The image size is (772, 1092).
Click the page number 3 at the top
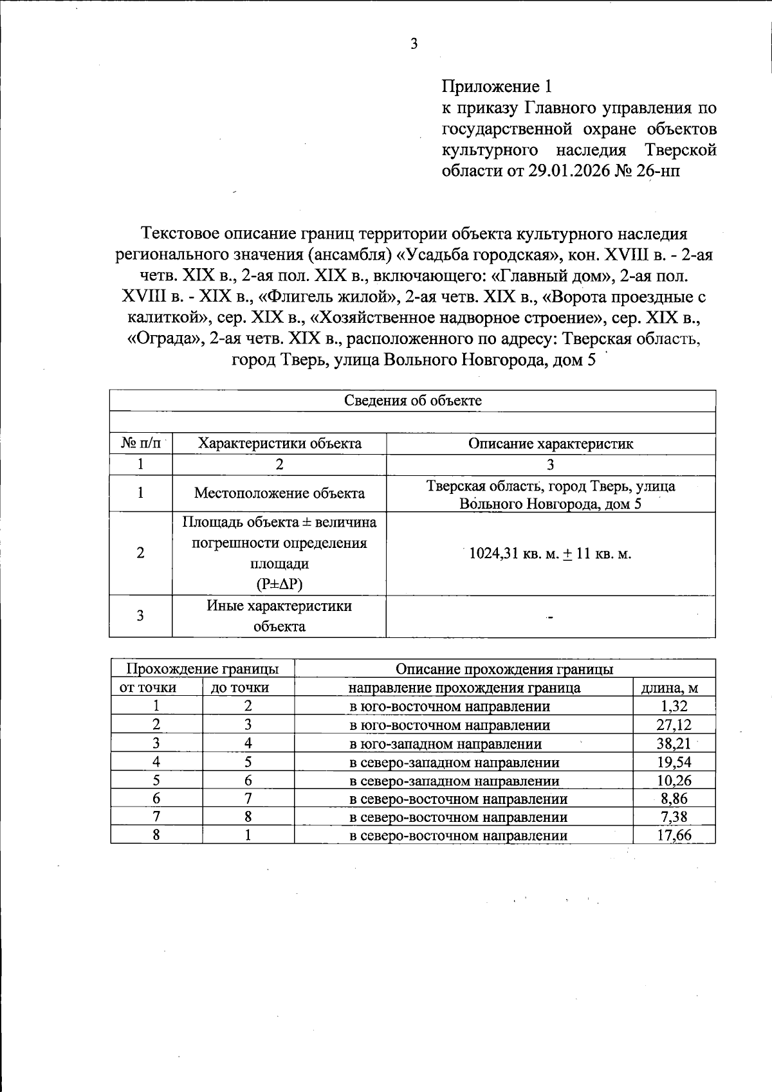(x=414, y=44)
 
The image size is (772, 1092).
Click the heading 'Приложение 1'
(x=497, y=86)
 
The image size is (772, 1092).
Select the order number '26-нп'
(x=657, y=171)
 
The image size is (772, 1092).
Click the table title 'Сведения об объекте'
(x=412, y=401)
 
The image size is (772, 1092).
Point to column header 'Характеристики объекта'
(x=279, y=444)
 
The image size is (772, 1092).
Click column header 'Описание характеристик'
(x=550, y=444)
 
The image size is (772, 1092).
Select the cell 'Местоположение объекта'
(x=279, y=493)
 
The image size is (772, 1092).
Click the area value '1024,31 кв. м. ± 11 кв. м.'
(x=550, y=554)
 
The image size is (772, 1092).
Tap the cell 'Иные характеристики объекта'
(x=279, y=616)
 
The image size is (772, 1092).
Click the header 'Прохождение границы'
(x=202, y=669)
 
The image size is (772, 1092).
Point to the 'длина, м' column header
(x=674, y=687)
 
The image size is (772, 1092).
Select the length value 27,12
(x=674, y=725)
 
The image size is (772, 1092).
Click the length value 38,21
(x=674, y=743)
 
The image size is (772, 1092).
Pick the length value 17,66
(x=674, y=835)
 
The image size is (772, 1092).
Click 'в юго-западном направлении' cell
(x=445, y=744)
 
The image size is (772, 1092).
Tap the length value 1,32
(x=674, y=706)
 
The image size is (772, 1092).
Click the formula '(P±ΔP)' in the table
(x=279, y=585)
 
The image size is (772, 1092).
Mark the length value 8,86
(x=674, y=799)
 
